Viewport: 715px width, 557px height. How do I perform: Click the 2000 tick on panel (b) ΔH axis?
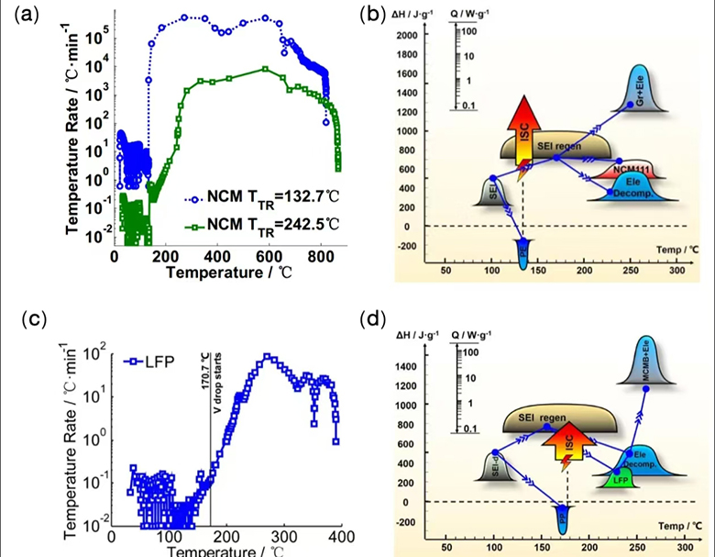(x=406, y=35)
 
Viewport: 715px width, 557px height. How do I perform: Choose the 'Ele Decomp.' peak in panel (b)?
(x=633, y=185)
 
